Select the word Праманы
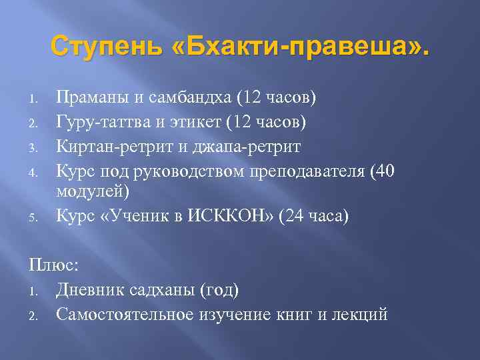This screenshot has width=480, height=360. [x=93, y=99]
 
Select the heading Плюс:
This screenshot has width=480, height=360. [x=54, y=265]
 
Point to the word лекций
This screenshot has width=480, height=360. [x=359, y=313]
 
